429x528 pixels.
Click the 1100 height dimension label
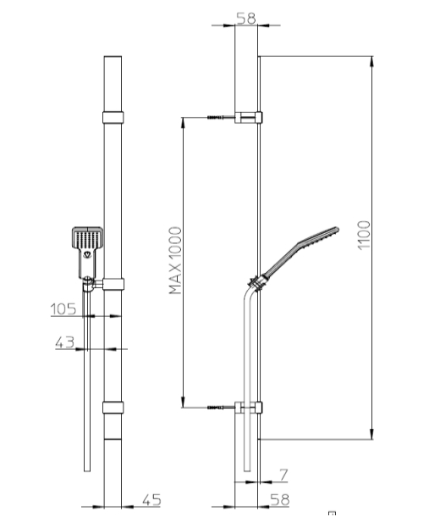(x=364, y=235)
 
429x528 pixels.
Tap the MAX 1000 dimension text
(x=175, y=260)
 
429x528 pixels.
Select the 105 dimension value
(x=63, y=308)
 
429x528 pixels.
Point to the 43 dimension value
(x=64, y=342)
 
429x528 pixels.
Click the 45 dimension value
(x=152, y=500)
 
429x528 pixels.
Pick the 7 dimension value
(x=283, y=475)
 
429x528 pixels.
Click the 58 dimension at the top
(x=246, y=18)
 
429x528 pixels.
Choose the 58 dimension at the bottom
(x=280, y=500)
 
